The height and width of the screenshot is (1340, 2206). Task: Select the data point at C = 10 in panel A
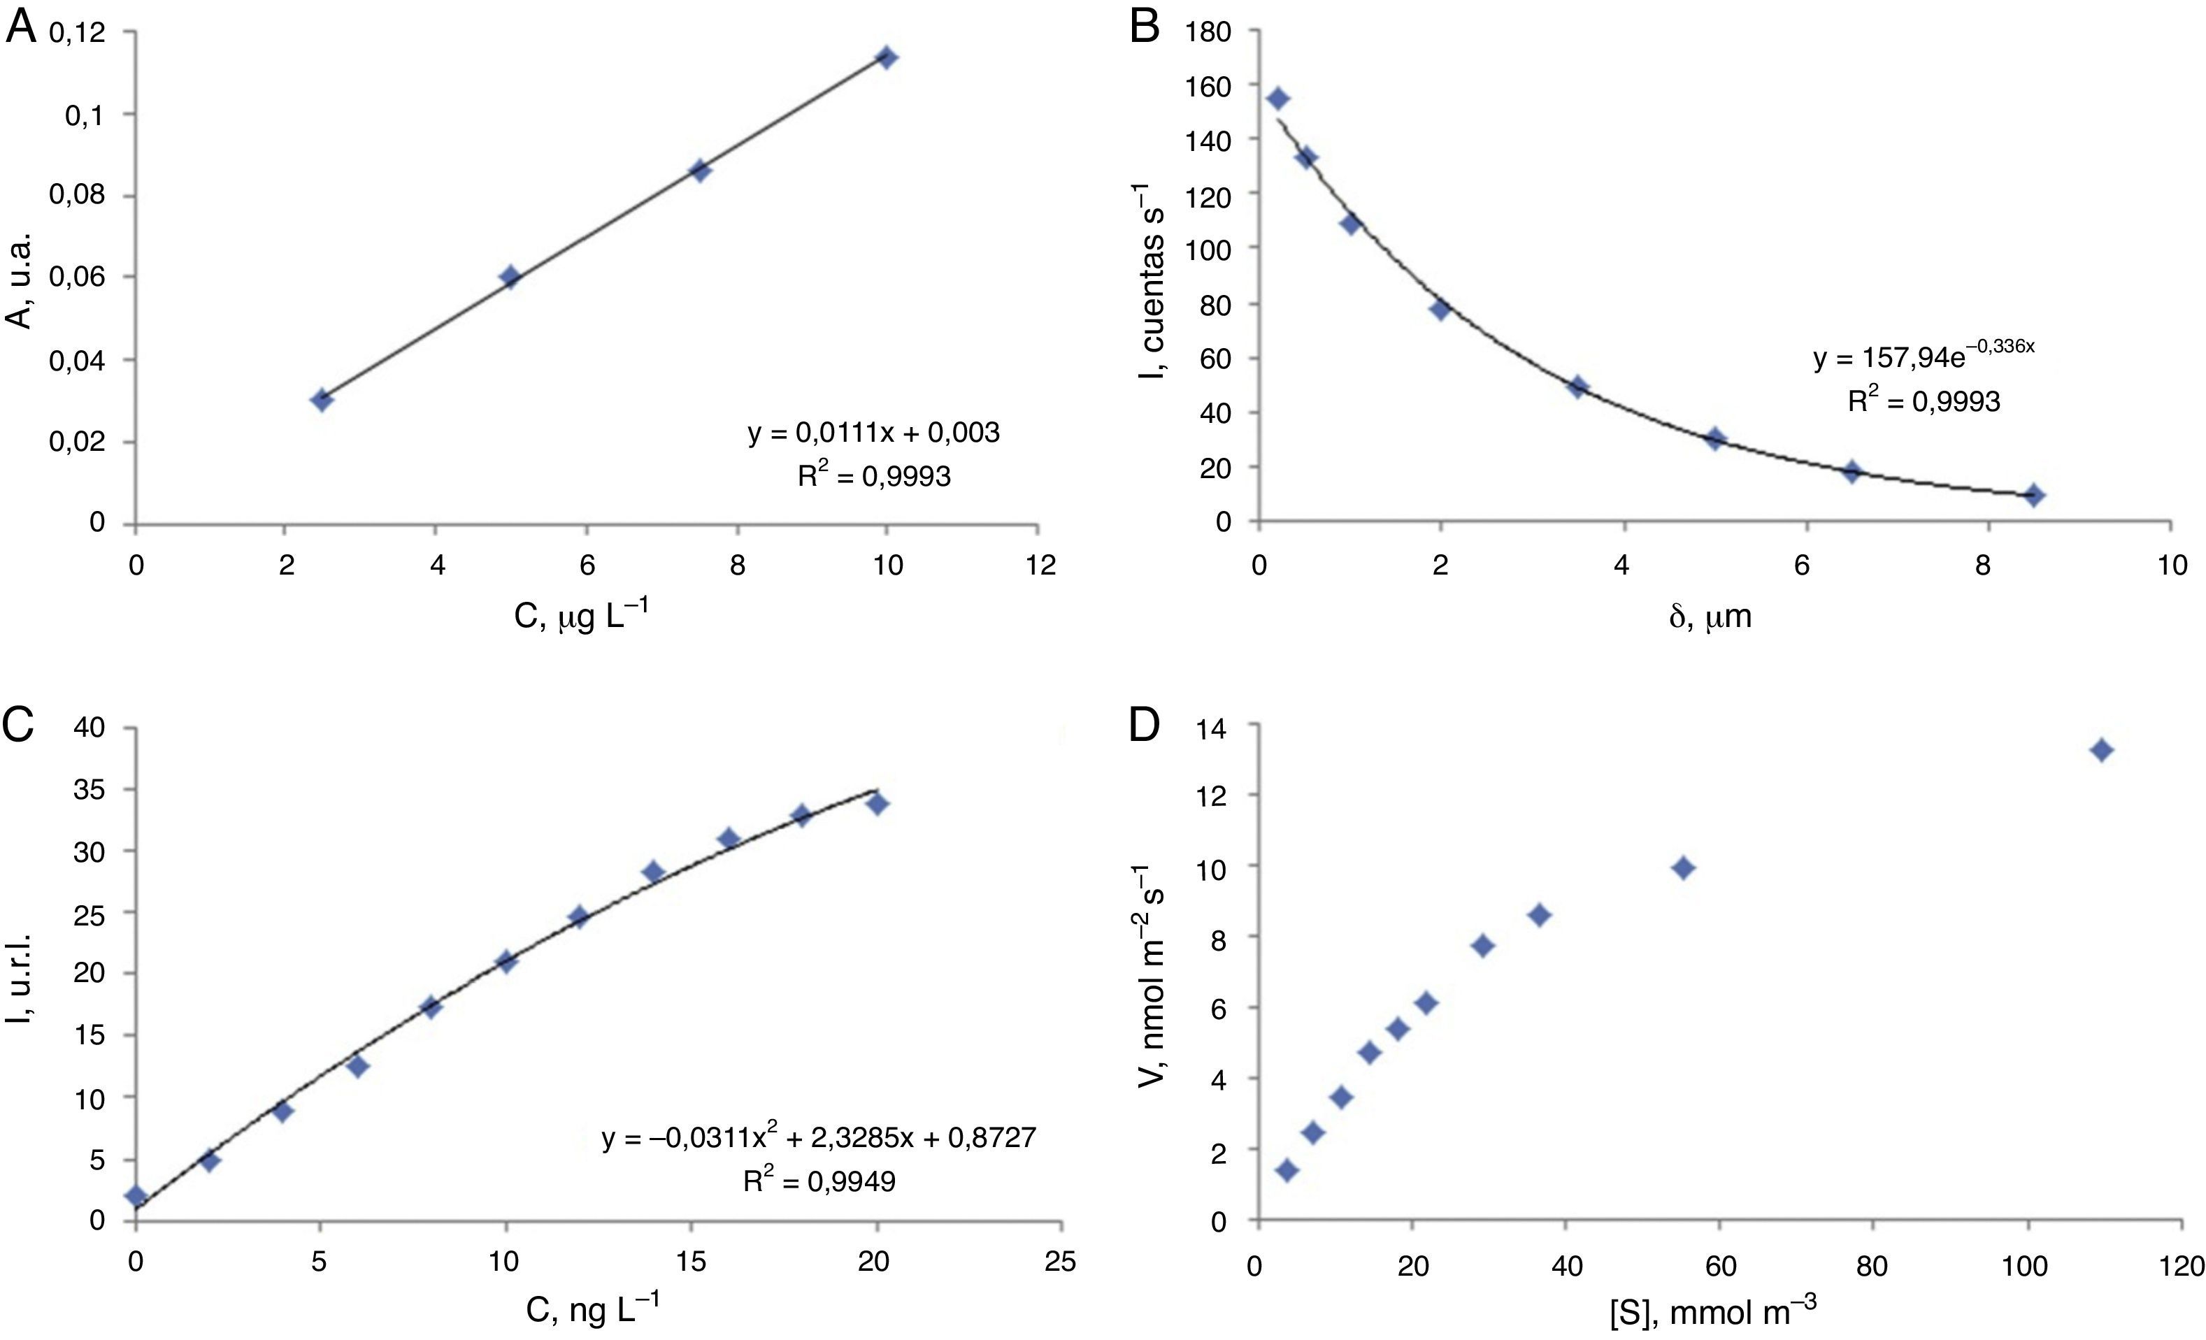coord(887,57)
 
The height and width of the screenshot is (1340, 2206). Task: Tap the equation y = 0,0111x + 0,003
coord(874,433)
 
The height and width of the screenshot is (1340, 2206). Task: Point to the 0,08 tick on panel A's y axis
coord(78,195)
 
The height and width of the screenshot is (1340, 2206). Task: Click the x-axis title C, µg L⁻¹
coord(581,616)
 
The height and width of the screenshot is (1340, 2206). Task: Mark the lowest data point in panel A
coord(322,399)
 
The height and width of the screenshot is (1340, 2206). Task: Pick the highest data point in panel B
coord(1278,99)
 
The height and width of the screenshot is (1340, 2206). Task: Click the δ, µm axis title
coord(1710,617)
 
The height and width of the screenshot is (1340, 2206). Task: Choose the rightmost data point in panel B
coord(2034,495)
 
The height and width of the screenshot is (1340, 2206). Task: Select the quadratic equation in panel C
coord(818,1138)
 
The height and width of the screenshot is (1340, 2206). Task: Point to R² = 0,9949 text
coord(818,1181)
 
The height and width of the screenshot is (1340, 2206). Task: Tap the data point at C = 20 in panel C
coord(878,804)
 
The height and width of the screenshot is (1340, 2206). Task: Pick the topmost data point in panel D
coord(2102,750)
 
